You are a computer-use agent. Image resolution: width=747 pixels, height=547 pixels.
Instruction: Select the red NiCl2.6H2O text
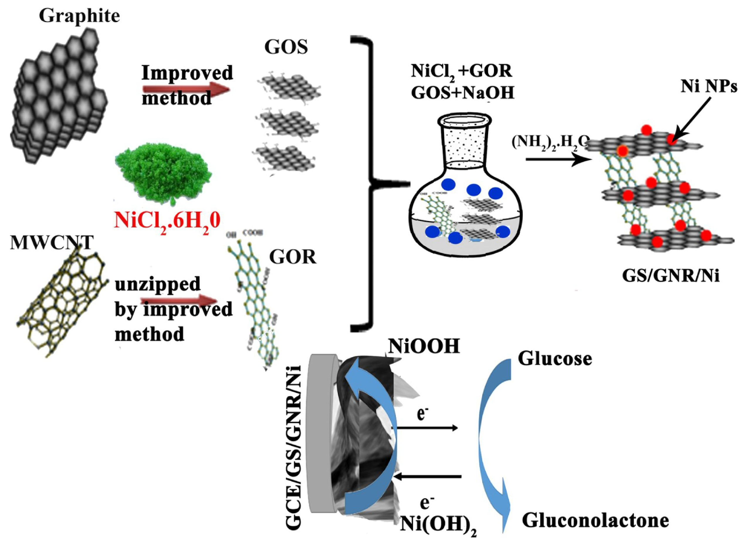pyautogui.click(x=167, y=221)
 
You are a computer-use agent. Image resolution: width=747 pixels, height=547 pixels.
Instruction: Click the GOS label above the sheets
pyautogui.click(x=286, y=47)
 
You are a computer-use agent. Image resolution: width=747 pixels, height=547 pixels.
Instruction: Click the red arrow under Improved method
pyautogui.click(x=185, y=89)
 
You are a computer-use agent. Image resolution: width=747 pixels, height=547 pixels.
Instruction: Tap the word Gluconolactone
pyautogui.click(x=595, y=521)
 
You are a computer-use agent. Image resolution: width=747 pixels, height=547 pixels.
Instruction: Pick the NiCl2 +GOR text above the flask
pyautogui.click(x=462, y=71)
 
